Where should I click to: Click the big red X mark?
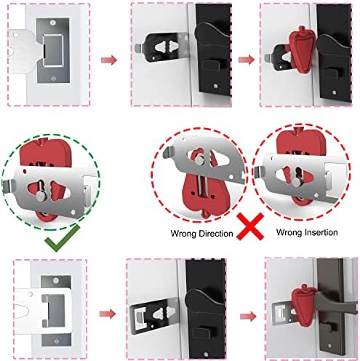tap(250, 226)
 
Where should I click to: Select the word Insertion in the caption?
tap(321, 232)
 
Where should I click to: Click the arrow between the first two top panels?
tap(109, 60)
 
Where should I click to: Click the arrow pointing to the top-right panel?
tap(247, 60)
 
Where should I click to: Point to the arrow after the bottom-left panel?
tap(108, 314)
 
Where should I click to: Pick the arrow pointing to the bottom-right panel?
tap(248, 317)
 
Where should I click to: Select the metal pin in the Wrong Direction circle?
tap(199, 160)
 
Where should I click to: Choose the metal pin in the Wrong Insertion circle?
tap(296, 182)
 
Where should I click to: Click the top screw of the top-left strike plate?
tap(52, 23)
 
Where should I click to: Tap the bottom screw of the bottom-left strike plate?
tap(56, 341)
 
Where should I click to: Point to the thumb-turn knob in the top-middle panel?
tap(212, 65)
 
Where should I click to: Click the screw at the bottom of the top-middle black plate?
tap(215, 86)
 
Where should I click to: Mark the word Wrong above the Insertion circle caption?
tap(289, 232)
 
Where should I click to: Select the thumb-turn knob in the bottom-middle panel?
tap(202, 332)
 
